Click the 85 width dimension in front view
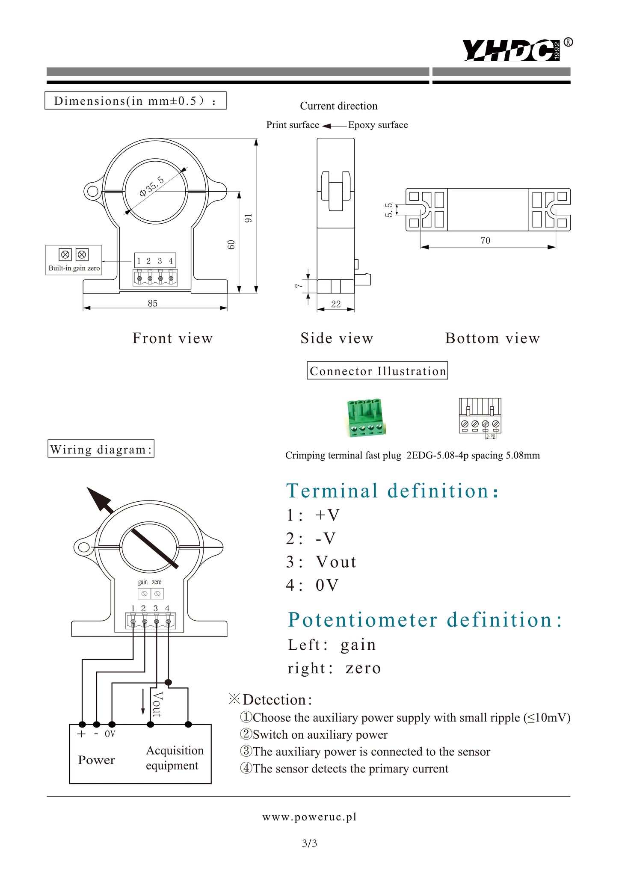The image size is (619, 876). (153, 303)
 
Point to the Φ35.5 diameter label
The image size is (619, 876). (151, 186)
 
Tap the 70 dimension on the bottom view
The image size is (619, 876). (486, 240)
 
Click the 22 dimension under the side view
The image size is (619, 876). (336, 304)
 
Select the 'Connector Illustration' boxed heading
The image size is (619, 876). (377, 371)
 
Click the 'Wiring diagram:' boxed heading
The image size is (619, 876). (101, 449)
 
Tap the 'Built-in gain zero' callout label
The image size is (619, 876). (74, 268)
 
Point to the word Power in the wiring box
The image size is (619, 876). (96, 760)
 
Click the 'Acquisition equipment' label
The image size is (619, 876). (174, 758)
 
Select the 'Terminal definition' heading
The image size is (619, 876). (391, 491)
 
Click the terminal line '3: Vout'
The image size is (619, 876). (321, 562)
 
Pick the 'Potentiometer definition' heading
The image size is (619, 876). (424, 620)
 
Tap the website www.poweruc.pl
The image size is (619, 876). (309, 817)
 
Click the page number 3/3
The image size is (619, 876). (309, 843)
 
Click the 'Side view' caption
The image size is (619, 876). (337, 338)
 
